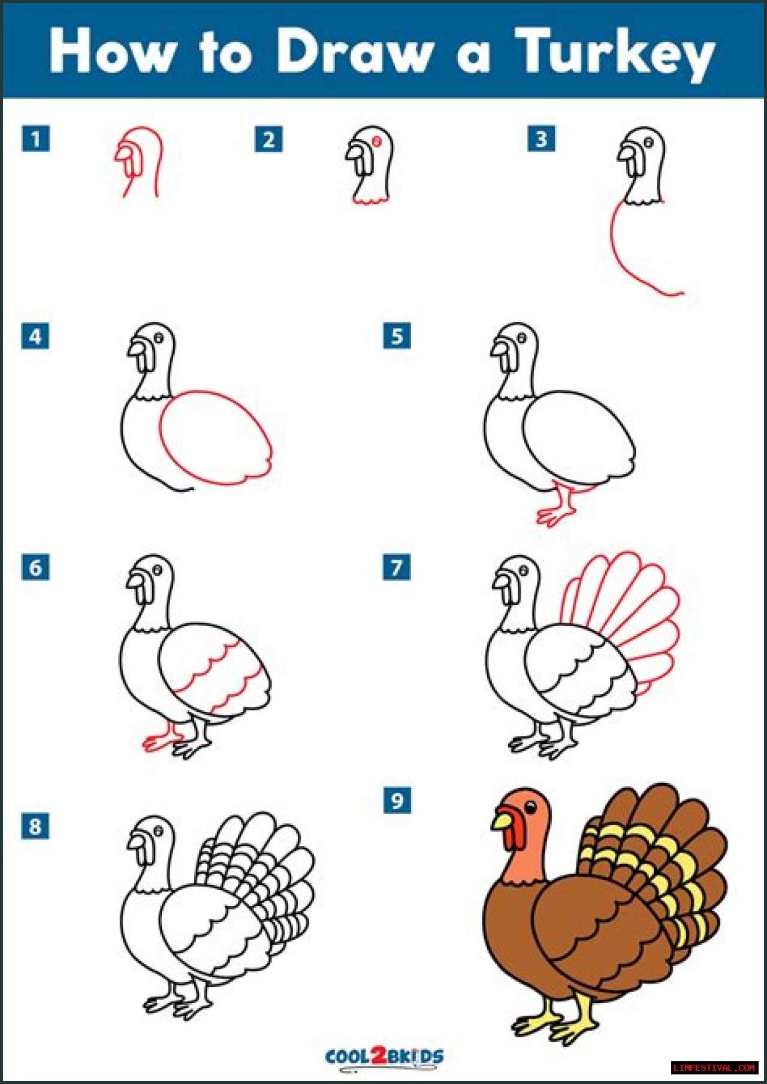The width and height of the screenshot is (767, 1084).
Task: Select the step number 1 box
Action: coord(35,139)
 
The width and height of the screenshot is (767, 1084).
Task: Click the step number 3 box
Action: coord(541,139)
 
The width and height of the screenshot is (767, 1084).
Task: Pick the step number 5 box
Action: coord(397,336)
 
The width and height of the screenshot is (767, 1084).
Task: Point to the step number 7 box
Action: coord(397,567)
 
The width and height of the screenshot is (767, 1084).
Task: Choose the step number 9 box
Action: coord(397,800)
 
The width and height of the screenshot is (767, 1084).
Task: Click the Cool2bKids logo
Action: coord(384,1056)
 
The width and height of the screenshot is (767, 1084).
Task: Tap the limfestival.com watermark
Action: coord(714,1067)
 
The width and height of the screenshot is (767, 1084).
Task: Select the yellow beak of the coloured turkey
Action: coord(503,819)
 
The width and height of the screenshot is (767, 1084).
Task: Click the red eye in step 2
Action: coord(377,141)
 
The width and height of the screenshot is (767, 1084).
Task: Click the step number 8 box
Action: coord(35,826)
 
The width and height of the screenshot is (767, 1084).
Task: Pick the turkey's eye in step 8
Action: coord(158,831)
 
